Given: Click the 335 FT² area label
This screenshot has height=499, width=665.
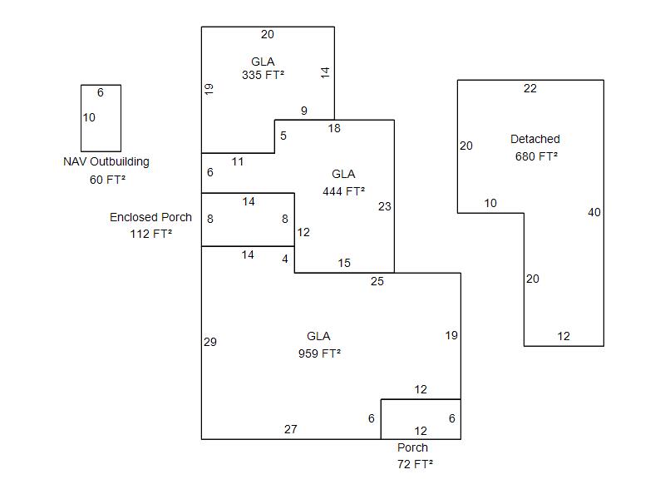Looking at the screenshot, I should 263,75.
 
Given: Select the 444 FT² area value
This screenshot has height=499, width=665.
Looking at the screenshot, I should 343,191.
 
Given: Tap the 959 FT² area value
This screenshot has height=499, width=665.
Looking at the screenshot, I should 319,353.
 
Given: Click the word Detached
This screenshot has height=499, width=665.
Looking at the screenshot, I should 535,139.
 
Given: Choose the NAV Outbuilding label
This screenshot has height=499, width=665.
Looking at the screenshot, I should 106,161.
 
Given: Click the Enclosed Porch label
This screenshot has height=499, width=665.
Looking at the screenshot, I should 150,217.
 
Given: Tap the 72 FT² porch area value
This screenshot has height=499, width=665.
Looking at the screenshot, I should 415,464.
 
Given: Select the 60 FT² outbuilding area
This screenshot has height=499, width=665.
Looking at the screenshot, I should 107,180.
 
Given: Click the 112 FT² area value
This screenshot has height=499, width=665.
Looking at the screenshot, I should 151,235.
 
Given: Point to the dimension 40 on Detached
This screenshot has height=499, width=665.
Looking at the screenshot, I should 594,212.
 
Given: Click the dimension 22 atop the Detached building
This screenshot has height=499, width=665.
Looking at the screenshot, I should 530,89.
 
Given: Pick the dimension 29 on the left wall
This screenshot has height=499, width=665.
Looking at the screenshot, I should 210,342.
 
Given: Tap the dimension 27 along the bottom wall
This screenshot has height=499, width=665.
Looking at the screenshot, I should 290,429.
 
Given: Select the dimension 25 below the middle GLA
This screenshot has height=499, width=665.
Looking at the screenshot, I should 377,281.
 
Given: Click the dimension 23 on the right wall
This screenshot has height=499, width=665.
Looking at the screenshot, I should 384,206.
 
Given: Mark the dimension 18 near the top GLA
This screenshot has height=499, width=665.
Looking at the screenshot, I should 334,128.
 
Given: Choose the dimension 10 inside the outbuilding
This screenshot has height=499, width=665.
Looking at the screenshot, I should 89,117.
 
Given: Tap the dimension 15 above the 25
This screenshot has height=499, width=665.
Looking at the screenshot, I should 344,263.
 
